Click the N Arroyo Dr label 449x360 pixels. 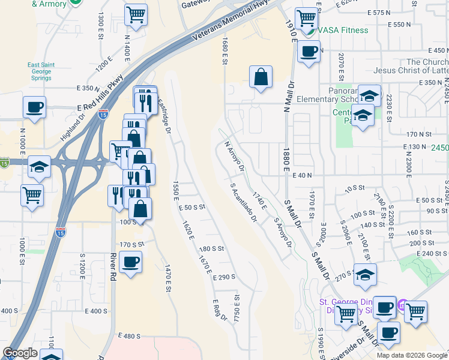coord(234,156)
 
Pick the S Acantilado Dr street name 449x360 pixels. coord(244,202)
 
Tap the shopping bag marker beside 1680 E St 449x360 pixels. coord(261,77)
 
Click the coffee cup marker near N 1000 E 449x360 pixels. coord(34,108)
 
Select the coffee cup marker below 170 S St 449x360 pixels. coord(130,262)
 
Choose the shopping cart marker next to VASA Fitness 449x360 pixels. coord(306,18)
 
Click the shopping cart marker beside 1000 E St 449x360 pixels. coord(32,194)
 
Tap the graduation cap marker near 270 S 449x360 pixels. coord(365,274)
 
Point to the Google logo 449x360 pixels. coord(20,353)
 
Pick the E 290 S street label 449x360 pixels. coord(223,277)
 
